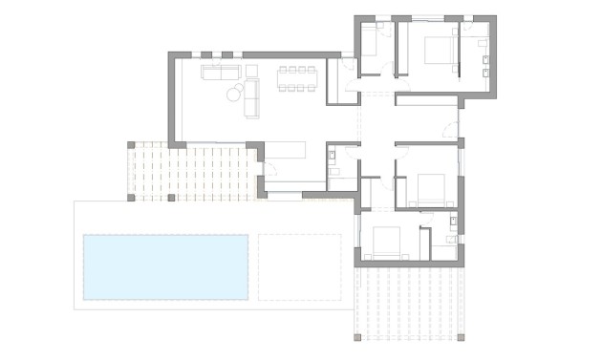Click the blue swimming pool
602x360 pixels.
coord(165,266)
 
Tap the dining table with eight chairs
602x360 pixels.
coord(295,76)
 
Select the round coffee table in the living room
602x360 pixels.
coord(234,93)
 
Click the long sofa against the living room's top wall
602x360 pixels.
coord(222,72)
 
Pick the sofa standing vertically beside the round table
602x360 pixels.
coord(253,97)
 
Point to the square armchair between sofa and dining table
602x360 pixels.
coord(250,71)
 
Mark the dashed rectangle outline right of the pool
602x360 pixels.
coord(300,266)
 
